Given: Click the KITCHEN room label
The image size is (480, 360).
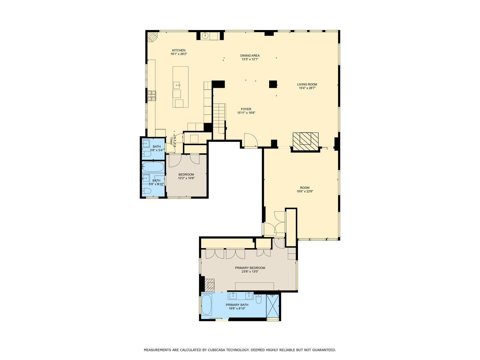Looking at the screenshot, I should point(179,50).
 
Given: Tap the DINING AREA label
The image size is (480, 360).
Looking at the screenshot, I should point(250,56).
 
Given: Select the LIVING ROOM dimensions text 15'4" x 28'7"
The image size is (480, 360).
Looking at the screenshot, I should point(307,88).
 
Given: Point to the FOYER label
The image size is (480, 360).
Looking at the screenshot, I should point(246,109).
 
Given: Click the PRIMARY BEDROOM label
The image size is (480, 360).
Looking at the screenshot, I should point(250,268).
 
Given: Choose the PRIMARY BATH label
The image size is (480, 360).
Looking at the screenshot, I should point(237,305).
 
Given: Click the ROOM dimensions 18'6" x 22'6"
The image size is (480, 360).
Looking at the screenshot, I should point(305,191).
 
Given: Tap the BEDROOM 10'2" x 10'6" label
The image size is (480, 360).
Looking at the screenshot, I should point(186,176).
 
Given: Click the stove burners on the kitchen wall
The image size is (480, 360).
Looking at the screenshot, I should point(152,96).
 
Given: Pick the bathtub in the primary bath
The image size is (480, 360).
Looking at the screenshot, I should point(207,305).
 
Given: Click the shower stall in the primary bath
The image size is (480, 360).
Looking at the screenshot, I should point(273,306).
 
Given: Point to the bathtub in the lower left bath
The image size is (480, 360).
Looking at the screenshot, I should point(153,167).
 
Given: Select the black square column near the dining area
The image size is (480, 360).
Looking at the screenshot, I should point(273,84).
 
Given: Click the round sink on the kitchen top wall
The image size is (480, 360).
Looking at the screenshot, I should point(205,35).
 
